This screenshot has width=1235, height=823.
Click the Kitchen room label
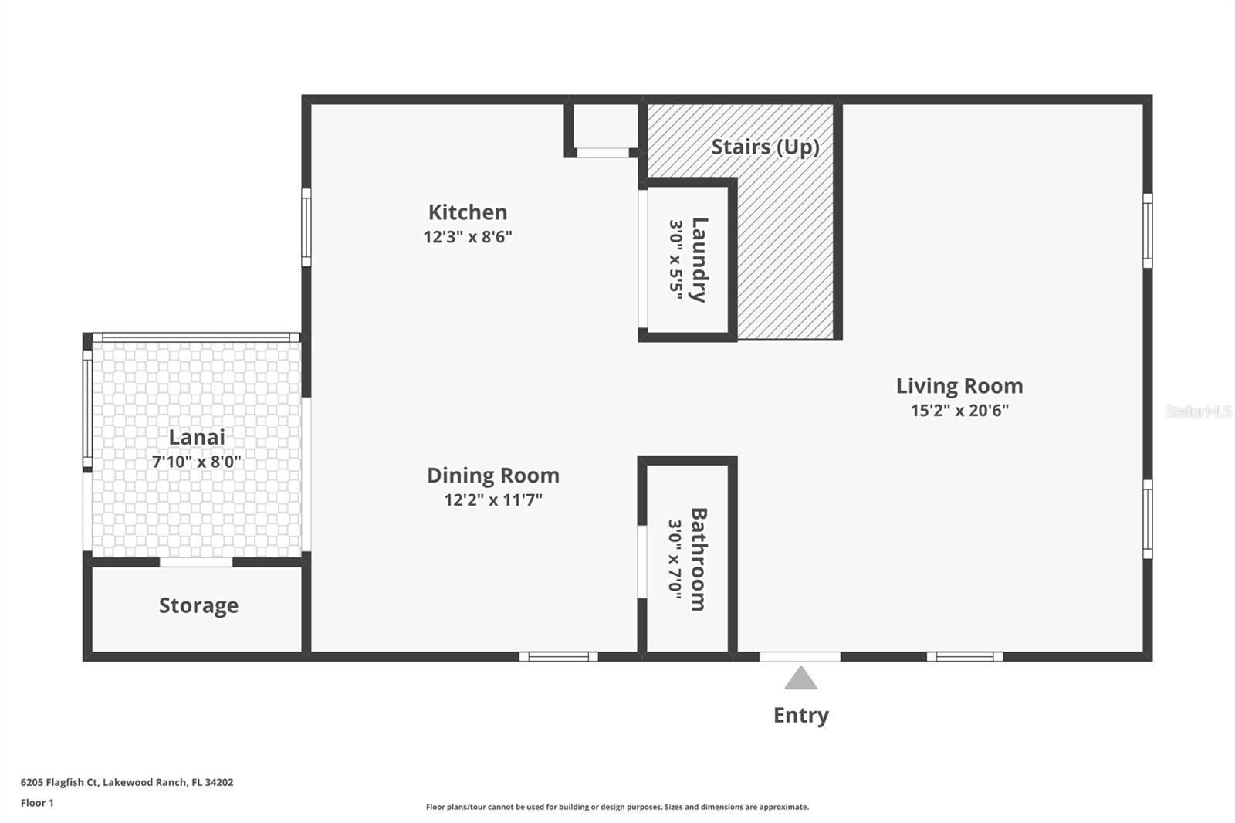tap(468, 212)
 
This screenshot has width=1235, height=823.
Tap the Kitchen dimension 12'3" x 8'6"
tap(468, 237)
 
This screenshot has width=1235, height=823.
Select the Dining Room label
tap(493, 476)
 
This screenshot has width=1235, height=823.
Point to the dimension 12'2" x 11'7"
tap(493, 500)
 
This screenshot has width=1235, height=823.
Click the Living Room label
tap(959, 386)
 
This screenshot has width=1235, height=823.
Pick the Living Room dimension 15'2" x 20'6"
tap(959, 411)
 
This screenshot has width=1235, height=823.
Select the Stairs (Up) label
tap(765, 147)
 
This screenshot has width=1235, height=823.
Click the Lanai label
tap(197, 437)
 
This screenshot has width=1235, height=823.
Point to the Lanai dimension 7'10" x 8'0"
tap(197, 462)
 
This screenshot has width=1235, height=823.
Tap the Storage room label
tap(198, 605)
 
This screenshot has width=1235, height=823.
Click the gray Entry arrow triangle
tap(801, 679)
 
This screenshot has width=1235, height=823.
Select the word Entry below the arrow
tap(801, 715)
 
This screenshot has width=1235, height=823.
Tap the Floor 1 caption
tap(37, 803)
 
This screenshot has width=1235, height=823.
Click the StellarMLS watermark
tap(1198, 411)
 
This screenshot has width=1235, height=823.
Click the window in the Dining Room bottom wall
tap(558, 657)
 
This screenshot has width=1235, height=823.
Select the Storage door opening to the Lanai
tap(196, 562)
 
